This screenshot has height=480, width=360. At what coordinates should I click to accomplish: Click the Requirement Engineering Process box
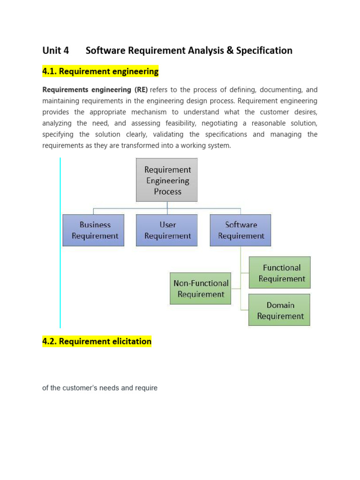pos(167,180)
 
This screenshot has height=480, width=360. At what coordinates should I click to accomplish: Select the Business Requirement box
pos(94,230)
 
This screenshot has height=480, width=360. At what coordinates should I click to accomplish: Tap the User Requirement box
pos(167,230)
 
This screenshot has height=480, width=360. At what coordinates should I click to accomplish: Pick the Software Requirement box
pos(240,230)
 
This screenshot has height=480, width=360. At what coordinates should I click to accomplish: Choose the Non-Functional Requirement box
pos(201,288)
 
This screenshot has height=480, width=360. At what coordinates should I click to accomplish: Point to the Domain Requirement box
pos(280,310)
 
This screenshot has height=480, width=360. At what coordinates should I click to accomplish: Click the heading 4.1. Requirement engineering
pos(100,72)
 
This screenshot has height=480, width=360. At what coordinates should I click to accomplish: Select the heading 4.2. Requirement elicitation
pos(97,341)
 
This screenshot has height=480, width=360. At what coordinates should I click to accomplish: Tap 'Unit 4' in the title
pos(56,51)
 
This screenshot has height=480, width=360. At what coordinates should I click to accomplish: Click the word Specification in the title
pos(264,51)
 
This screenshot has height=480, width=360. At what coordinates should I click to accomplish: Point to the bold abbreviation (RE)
pos(140,90)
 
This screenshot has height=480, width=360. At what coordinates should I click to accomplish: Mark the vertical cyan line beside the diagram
pos(60,243)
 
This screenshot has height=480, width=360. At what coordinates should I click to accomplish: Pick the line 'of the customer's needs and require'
pos(100,388)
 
